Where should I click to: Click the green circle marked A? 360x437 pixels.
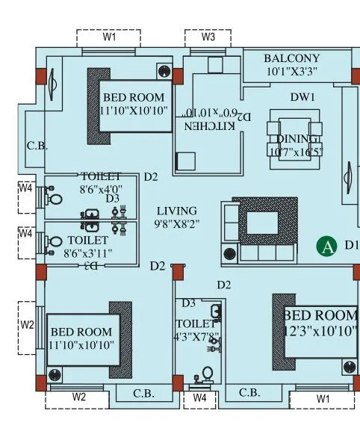click(x=325, y=246)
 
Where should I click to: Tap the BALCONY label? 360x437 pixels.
click(x=291, y=58)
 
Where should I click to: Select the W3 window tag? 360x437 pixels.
click(x=209, y=37)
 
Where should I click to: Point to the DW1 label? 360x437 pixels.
click(x=303, y=97)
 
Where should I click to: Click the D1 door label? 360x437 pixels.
click(x=351, y=244)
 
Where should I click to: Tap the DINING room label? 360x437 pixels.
click(x=297, y=139)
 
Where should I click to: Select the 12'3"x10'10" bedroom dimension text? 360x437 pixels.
click(x=320, y=329)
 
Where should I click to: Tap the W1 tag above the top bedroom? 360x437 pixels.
click(x=109, y=37)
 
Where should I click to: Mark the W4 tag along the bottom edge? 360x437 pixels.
click(x=199, y=398)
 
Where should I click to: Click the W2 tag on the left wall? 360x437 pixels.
click(x=27, y=325)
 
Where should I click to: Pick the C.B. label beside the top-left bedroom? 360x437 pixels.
click(x=37, y=146)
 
